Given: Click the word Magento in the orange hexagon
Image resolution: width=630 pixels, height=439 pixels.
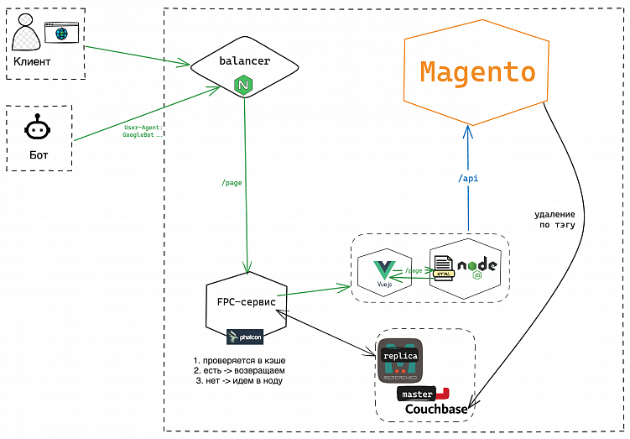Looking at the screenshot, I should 477,73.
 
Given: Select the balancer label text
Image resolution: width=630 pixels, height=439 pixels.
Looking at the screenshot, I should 244,61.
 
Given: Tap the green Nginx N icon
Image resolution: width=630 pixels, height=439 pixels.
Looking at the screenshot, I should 244,85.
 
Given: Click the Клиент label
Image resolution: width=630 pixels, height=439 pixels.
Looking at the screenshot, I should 32,63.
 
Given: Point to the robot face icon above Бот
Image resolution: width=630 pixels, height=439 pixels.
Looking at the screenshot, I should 36,130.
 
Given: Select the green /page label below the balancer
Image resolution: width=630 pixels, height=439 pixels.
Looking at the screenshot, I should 232,182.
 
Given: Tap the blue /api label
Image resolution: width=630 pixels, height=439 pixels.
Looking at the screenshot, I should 468,179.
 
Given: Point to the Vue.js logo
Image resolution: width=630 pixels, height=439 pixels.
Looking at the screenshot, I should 384,273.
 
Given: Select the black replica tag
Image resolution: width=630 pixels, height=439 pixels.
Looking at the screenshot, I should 399,356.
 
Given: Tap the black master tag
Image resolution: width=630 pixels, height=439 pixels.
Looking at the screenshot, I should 417,394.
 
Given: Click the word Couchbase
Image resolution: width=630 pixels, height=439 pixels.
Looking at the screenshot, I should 436,410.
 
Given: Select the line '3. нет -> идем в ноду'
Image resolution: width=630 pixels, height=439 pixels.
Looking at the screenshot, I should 238,381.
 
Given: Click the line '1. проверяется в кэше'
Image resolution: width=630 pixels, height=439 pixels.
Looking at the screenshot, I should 238,361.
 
